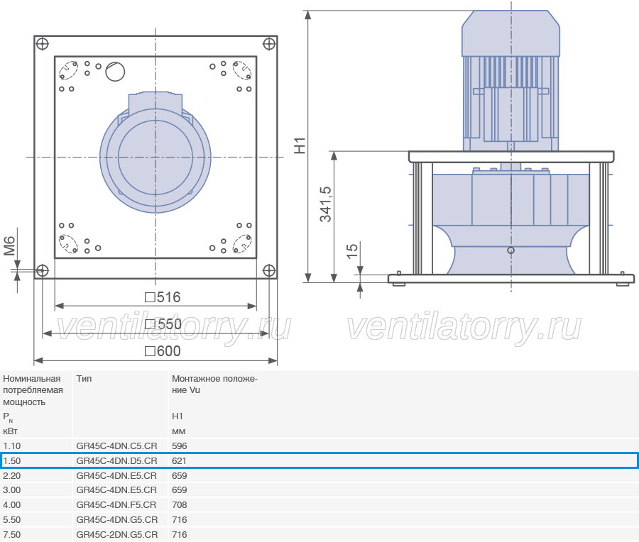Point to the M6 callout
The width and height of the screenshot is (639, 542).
tap(9, 246)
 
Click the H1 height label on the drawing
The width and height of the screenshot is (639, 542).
tap(300, 145)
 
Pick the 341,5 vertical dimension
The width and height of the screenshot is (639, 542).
tap(326, 204)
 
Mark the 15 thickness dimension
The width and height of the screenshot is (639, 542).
tap(351, 251)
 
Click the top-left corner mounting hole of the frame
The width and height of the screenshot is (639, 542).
tap(43, 43)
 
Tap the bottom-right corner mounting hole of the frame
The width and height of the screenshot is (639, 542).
tap(269, 270)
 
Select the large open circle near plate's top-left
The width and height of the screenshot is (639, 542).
tap(115, 72)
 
